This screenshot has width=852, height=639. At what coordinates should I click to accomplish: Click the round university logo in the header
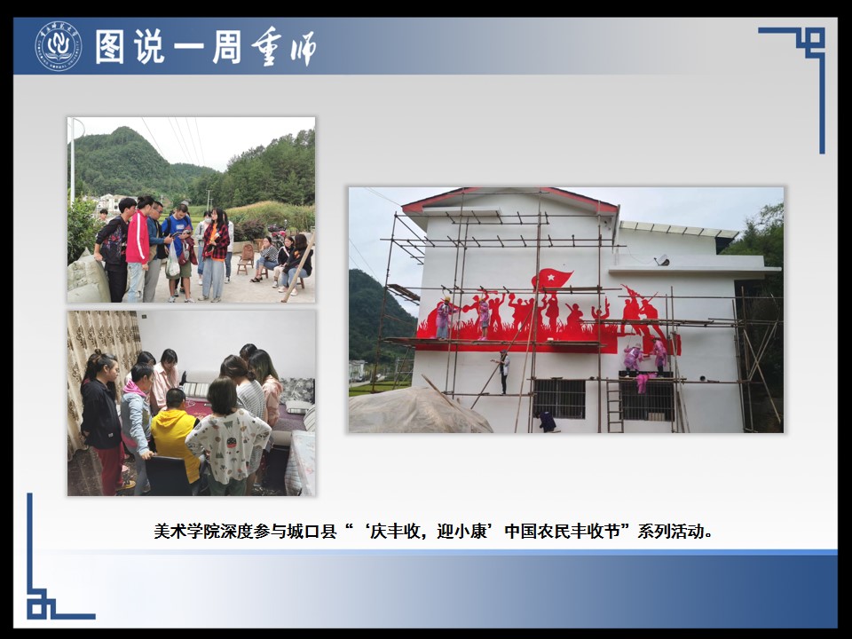(x=59, y=46)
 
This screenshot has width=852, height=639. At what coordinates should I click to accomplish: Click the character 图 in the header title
(x=110, y=47)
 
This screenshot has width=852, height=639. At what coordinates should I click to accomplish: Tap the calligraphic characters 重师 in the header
(x=284, y=47)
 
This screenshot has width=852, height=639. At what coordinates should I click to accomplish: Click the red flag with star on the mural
(x=551, y=279)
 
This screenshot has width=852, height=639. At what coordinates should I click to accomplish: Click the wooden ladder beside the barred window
(x=614, y=405)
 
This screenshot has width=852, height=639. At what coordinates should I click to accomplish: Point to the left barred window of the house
(x=558, y=398)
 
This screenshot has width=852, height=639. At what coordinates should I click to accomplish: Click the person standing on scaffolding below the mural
(x=504, y=372)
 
